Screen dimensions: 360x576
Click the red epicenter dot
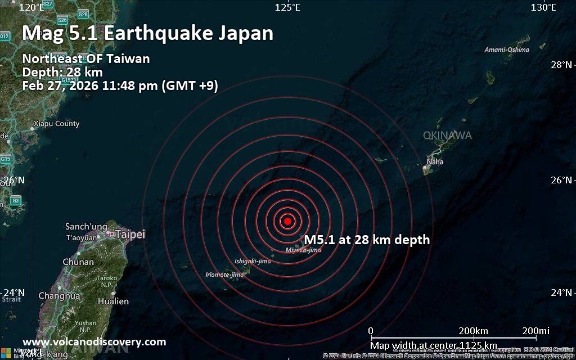[287, 221]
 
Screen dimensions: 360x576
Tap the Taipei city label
[130, 235]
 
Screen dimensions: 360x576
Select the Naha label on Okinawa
[435, 162]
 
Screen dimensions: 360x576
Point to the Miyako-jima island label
[303, 250]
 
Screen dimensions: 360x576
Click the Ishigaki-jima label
[253, 261]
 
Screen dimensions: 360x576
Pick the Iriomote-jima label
[224, 274]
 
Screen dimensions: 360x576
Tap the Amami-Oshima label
[507, 49]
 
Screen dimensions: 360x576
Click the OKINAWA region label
[447, 136]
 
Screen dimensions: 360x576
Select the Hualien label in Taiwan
[113, 301]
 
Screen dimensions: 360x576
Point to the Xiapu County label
[57, 124]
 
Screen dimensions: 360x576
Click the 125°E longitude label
[287, 7]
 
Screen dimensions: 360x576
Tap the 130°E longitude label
[544, 7]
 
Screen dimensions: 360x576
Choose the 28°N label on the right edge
[561, 65]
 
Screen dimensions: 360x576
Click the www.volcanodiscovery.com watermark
[94, 342]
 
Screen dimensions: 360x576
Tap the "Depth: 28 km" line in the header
[62, 72]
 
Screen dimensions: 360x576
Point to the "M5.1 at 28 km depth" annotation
[367, 240]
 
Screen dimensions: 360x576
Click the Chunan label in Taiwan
[78, 262]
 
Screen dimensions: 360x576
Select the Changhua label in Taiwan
[59, 296]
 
